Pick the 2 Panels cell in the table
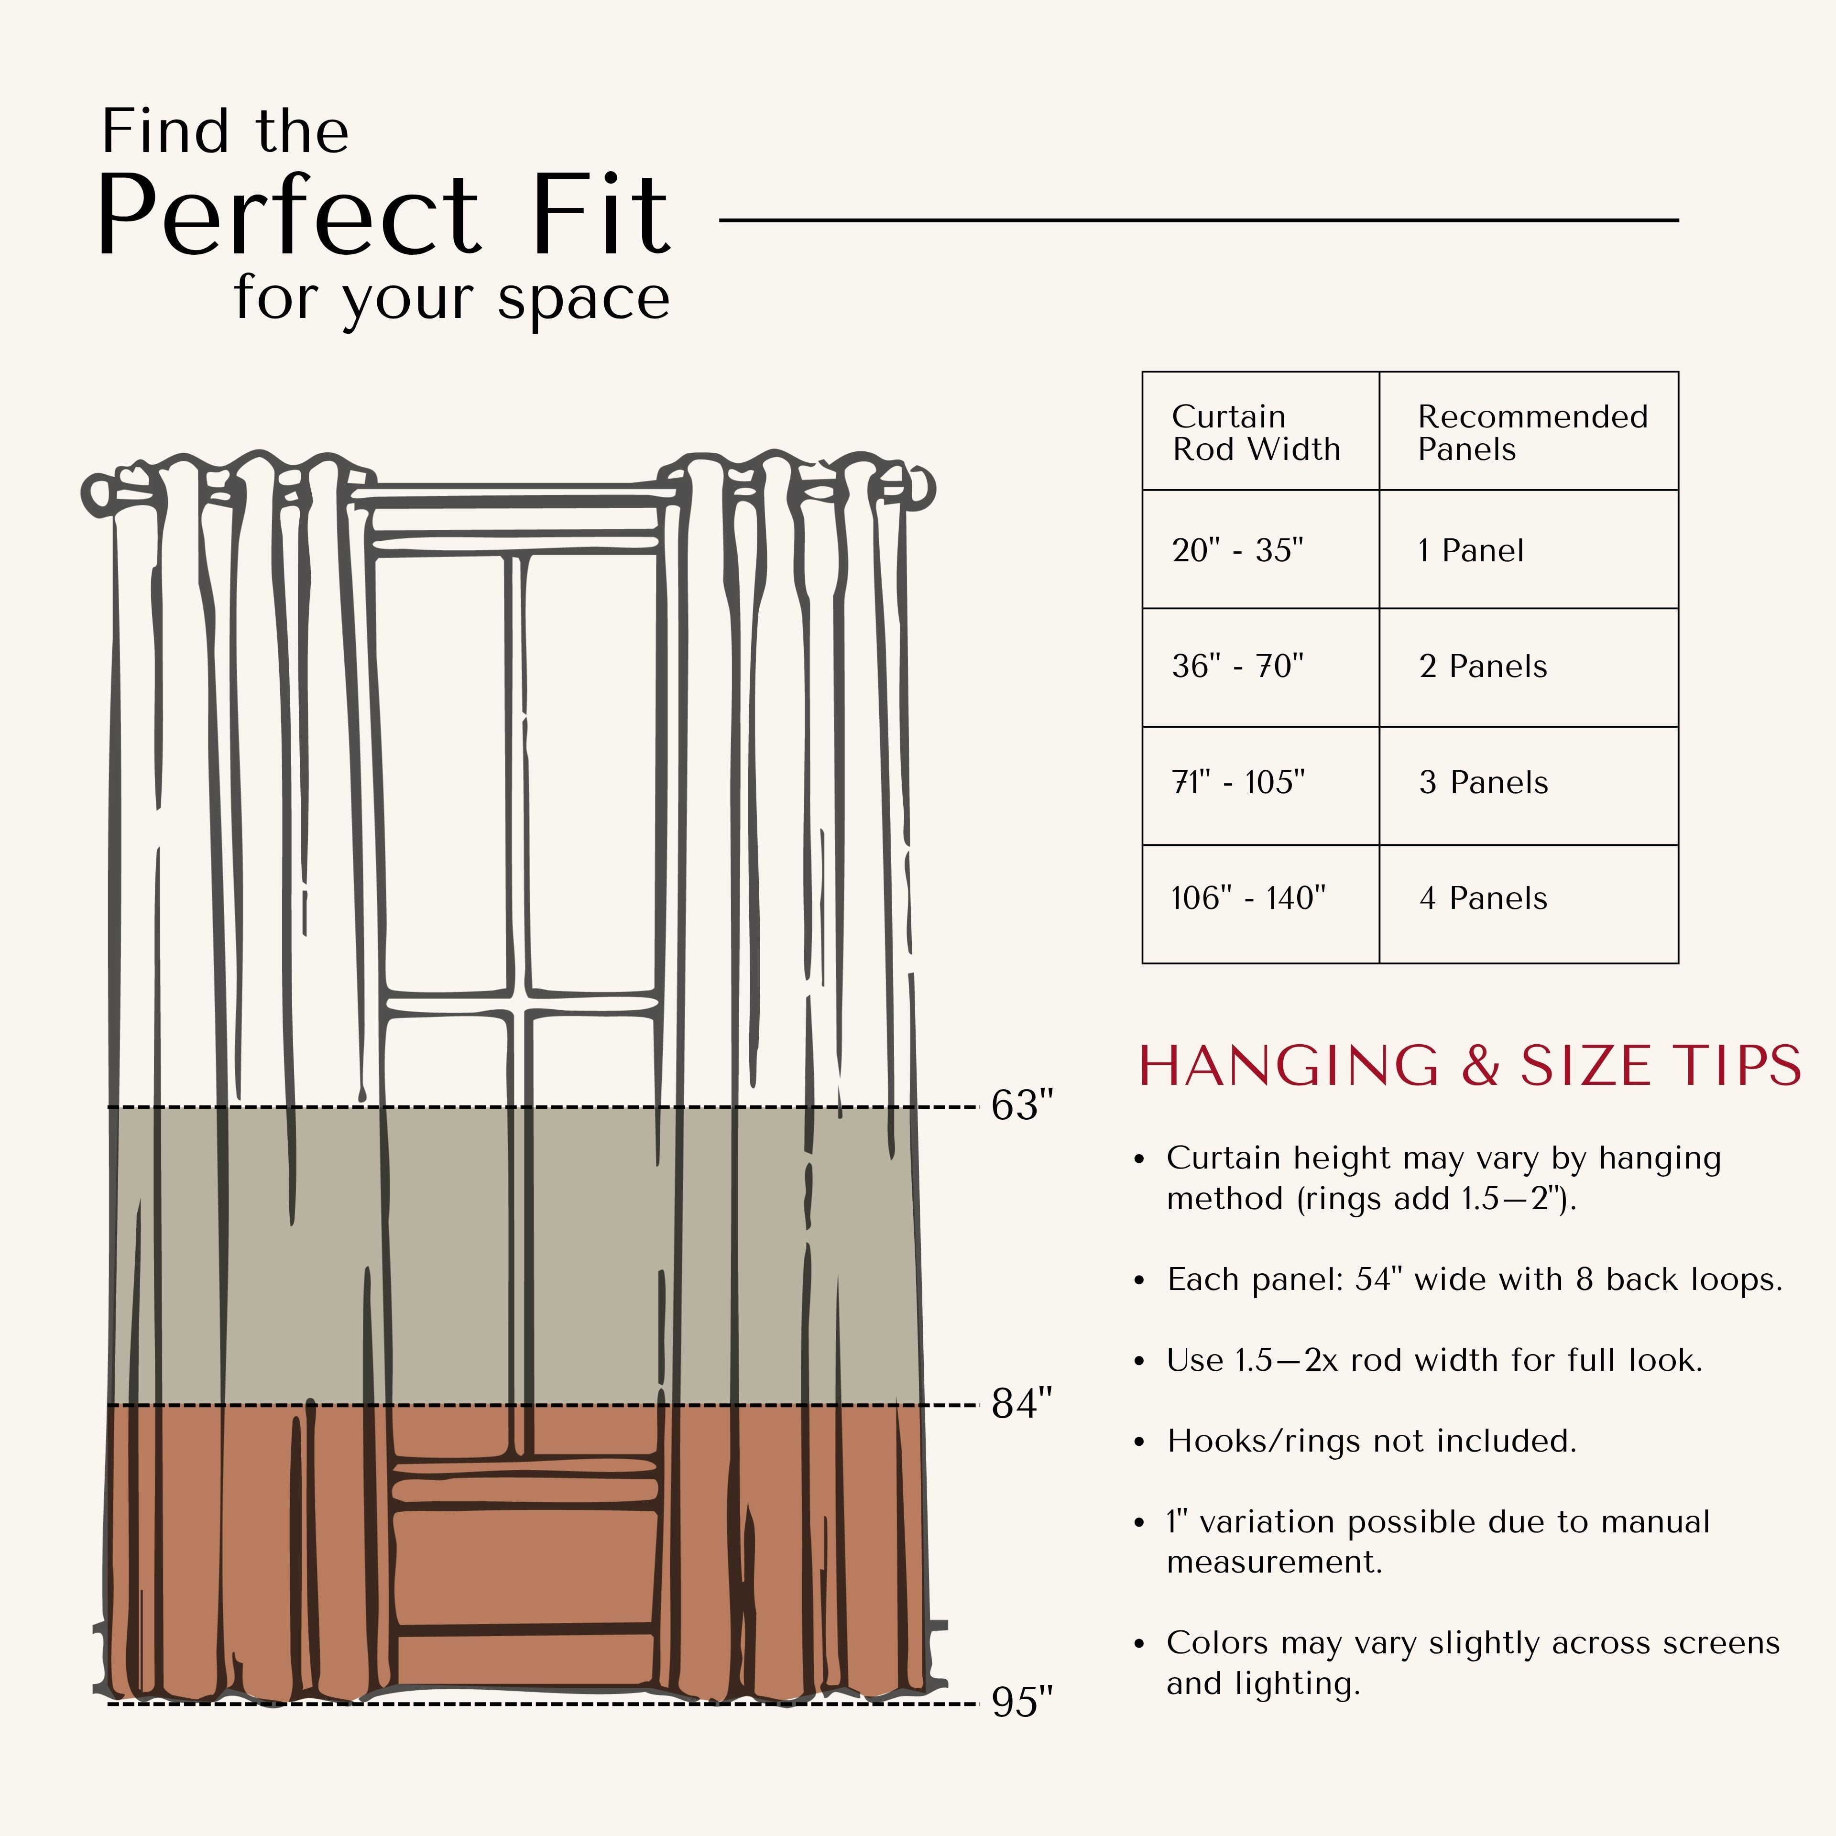coord(1528,667)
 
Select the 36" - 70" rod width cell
coord(1260,667)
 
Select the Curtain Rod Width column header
coord(1260,431)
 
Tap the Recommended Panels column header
coord(1528,431)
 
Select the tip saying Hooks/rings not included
coord(1371,1441)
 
